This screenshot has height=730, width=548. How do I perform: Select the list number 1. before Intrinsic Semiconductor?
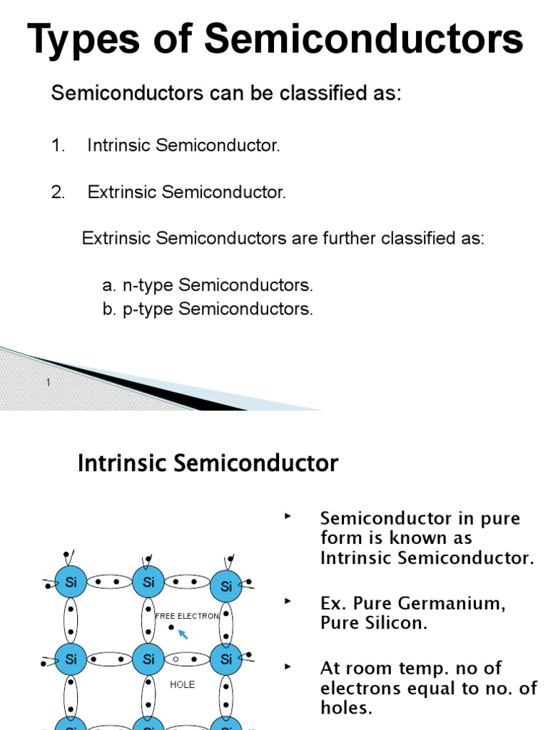[x=58, y=145]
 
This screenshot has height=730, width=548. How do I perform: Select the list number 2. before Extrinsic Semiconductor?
[x=58, y=192]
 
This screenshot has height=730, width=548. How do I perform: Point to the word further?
[x=348, y=238]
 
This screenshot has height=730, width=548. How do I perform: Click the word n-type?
[x=148, y=286]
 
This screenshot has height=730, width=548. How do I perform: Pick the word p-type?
[x=148, y=309]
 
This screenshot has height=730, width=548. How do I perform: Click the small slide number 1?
[x=49, y=383]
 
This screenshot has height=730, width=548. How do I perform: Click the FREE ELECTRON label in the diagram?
[x=187, y=616]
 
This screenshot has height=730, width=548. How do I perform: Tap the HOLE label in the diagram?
[x=183, y=685]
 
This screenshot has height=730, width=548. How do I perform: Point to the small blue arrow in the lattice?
[x=183, y=634]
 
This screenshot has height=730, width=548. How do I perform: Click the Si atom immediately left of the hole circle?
[x=148, y=659]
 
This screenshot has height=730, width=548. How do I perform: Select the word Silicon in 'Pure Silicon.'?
[x=395, y=623]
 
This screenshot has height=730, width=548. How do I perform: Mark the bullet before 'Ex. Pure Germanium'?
[x=288, y=601]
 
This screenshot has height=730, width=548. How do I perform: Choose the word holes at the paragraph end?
[x=345, y=708]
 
